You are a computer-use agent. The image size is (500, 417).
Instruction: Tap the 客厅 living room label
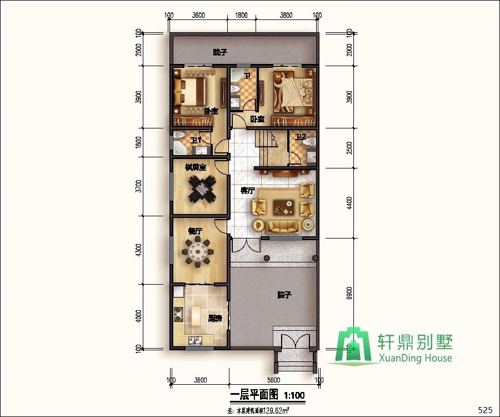click(x=247, y=191)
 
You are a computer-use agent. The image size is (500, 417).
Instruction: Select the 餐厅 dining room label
click(x=194, y=231)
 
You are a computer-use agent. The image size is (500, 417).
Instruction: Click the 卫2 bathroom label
click(x=301, y=137)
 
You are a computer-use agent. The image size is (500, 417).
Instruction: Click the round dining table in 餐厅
click(x=199, y=254)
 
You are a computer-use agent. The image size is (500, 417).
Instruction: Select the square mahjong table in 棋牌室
click(x=199, y=190)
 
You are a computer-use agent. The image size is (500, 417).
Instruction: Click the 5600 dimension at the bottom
click(x=273, y=380)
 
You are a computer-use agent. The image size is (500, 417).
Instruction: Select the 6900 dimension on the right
click(x=348, y=294)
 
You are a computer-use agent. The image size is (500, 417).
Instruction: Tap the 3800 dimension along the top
click(x=286, y=16)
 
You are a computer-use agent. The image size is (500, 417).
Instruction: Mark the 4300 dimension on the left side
click(x=138, y=251)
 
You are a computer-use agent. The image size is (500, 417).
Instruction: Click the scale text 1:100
click(x=294, y=396)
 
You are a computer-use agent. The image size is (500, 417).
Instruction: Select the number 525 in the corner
click(x=485, y=410)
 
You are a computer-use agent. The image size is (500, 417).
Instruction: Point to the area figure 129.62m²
click(x=274, y=411)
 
